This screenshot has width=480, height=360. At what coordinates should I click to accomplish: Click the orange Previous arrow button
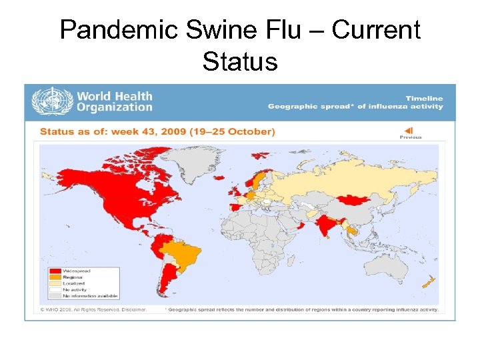coord(409,130)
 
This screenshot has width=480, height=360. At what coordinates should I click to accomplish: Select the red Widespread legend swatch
coord(55,271)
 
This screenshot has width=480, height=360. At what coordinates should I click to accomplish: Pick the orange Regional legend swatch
coord(55,277)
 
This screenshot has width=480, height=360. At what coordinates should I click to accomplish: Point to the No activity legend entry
coord(73,289)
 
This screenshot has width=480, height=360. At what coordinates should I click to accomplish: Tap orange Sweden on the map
coord(257,179)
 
